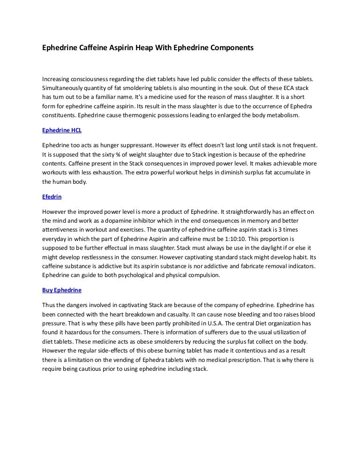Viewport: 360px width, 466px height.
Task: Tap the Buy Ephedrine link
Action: (x=62, y=290)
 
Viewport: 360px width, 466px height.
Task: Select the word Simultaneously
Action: (x=64, y=88)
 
